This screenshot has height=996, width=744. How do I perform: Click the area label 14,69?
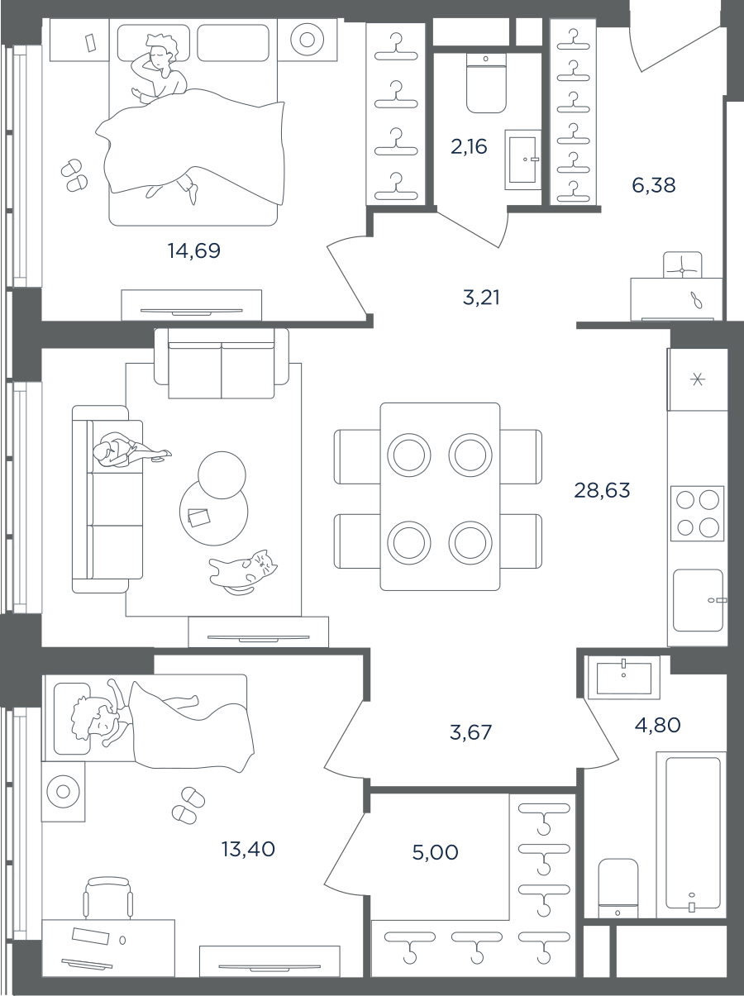[194, 250]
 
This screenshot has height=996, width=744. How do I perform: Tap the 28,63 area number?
[602, 490]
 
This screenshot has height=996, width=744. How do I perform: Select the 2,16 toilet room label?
[469, 147]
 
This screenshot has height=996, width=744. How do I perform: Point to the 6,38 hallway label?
[654, 185]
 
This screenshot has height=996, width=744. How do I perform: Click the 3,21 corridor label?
[481, 298]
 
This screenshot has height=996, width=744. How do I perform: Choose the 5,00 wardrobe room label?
[435, 852]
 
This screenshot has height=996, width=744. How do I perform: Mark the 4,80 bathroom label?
[658, 725]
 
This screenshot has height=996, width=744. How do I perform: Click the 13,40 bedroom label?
[248, 849]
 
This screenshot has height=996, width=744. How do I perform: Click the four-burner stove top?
[697, 513]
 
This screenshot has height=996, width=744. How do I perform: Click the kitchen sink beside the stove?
[699, 600]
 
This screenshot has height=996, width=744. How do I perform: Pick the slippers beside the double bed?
[74, 175]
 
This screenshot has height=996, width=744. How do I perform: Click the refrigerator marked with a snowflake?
[698, 379]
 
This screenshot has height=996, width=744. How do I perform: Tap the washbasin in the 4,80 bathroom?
[624, 678]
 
